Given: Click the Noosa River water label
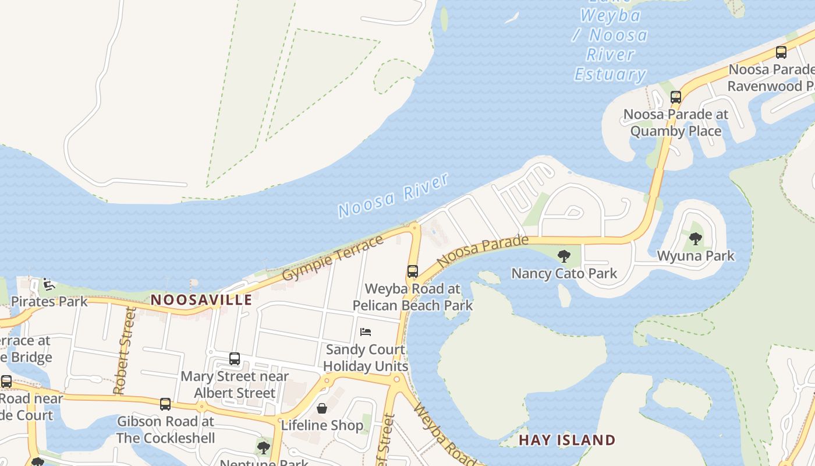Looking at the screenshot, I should tap(394, 195).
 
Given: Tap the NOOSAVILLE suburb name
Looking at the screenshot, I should tap(201, 300).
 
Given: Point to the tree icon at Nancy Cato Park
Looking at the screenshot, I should tap(564, 256).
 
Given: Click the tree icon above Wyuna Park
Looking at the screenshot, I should tap(695, 238).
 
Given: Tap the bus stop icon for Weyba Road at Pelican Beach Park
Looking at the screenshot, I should tap(412, 271).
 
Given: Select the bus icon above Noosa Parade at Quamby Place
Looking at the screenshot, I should tap(675, 97).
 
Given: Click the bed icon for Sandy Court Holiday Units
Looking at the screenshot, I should tap(366, 332).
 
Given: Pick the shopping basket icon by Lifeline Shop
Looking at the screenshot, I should tap(321, 408).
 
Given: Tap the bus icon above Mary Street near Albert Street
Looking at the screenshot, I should tap(235, 359).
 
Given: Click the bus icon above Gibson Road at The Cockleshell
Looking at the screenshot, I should tap(165, 404).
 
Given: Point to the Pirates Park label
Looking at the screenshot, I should tap(49, 302).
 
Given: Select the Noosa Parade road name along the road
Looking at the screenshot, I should tap(483, 251).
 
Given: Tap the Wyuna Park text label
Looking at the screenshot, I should tap(696, 256).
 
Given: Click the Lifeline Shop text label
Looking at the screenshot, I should tap(322, 426).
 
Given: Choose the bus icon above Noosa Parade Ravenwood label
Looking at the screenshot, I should tap(781, 52).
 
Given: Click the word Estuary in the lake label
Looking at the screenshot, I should tap(610, 74).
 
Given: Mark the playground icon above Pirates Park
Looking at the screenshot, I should tap(49, 284).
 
